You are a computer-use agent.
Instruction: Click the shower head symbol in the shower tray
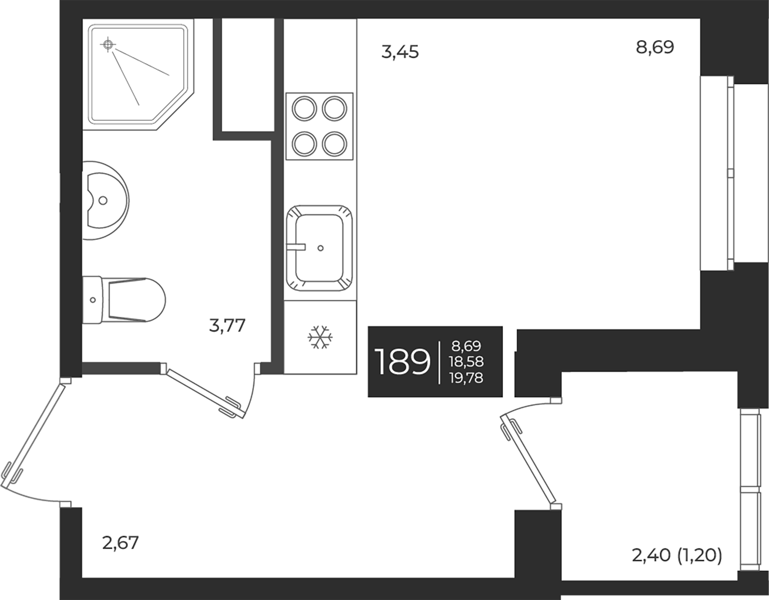[x=108, y=44]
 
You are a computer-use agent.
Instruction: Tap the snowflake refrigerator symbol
[x=320, y=337]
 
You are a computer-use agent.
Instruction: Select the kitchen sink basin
[x=320, y=248]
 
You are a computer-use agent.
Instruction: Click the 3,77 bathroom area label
[x=227, y=326]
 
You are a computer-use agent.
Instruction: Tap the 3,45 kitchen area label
[x=400, y=52]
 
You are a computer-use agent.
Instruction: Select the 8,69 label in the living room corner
[x=655, y=47]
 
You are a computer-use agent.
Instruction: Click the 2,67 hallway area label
[x=120, y=543]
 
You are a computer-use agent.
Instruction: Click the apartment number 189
[x=402, y=362]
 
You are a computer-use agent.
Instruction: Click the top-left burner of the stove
[x=304, y=108]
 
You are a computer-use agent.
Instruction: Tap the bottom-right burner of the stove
[x=334, y=143]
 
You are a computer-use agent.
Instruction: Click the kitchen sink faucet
[x=296, y=247]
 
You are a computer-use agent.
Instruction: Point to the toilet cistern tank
[x=92, y=300]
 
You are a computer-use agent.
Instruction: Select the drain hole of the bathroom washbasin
[x=103, y=199]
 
